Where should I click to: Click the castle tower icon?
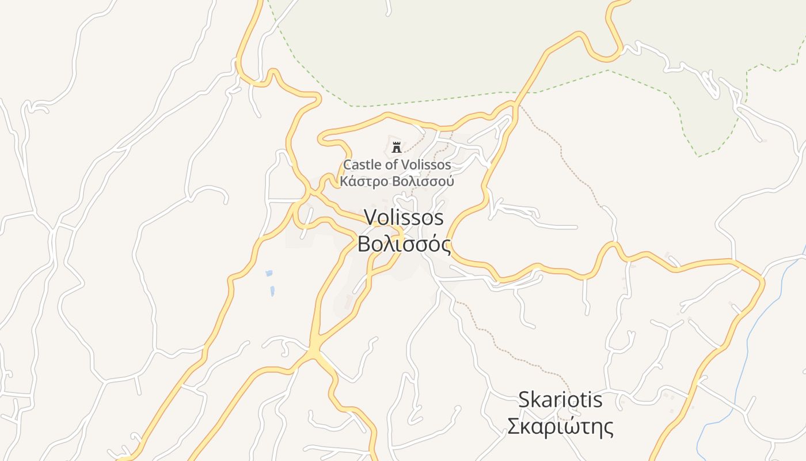(396, 147)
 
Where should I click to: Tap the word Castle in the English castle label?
(362, 165)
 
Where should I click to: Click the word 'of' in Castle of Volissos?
(391, 165)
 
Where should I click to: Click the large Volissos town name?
(404, 217)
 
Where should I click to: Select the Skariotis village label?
(560, 399)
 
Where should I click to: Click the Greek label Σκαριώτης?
(560, 427)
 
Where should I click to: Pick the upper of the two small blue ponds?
(269, 273)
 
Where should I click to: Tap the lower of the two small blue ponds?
(272, 291)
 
